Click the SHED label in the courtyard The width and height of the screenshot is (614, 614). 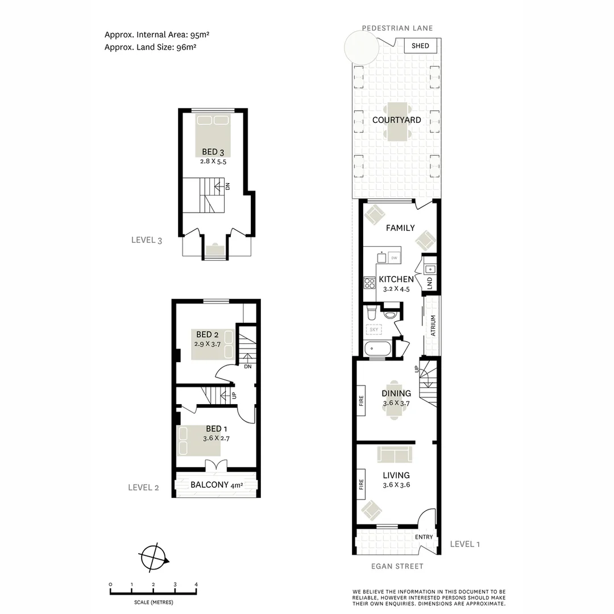pyautogui.click(x=420, y=46)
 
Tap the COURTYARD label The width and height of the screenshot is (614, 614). pyautogui.click(x=396, y=120)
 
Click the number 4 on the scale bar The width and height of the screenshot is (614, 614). pyautogui.click(x=196, y=584)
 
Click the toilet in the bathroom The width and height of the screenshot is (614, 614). pyautogui.click(x=371, y=312)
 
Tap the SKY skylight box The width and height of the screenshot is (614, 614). pyautogui.click(x=374, y=329)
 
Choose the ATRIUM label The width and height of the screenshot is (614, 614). pyautogui.click(x=433, y=326)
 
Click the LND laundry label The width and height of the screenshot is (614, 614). pyautogui.click(x=430, y=283)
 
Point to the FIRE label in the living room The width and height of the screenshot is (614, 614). pyautogui.click(x=361, y=484)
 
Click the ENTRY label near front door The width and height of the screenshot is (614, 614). pyautogui.click(x=424, y=537)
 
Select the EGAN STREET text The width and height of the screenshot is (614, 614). pyautogui.click(x=396, y=566)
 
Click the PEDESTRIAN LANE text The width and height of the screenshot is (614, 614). pyautogui.click(x=397, y=28)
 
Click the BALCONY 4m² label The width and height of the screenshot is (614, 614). pyautogui.click(x=216, y=485)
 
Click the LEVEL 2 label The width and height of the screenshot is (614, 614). pyautogui.click(x=143, y=487)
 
